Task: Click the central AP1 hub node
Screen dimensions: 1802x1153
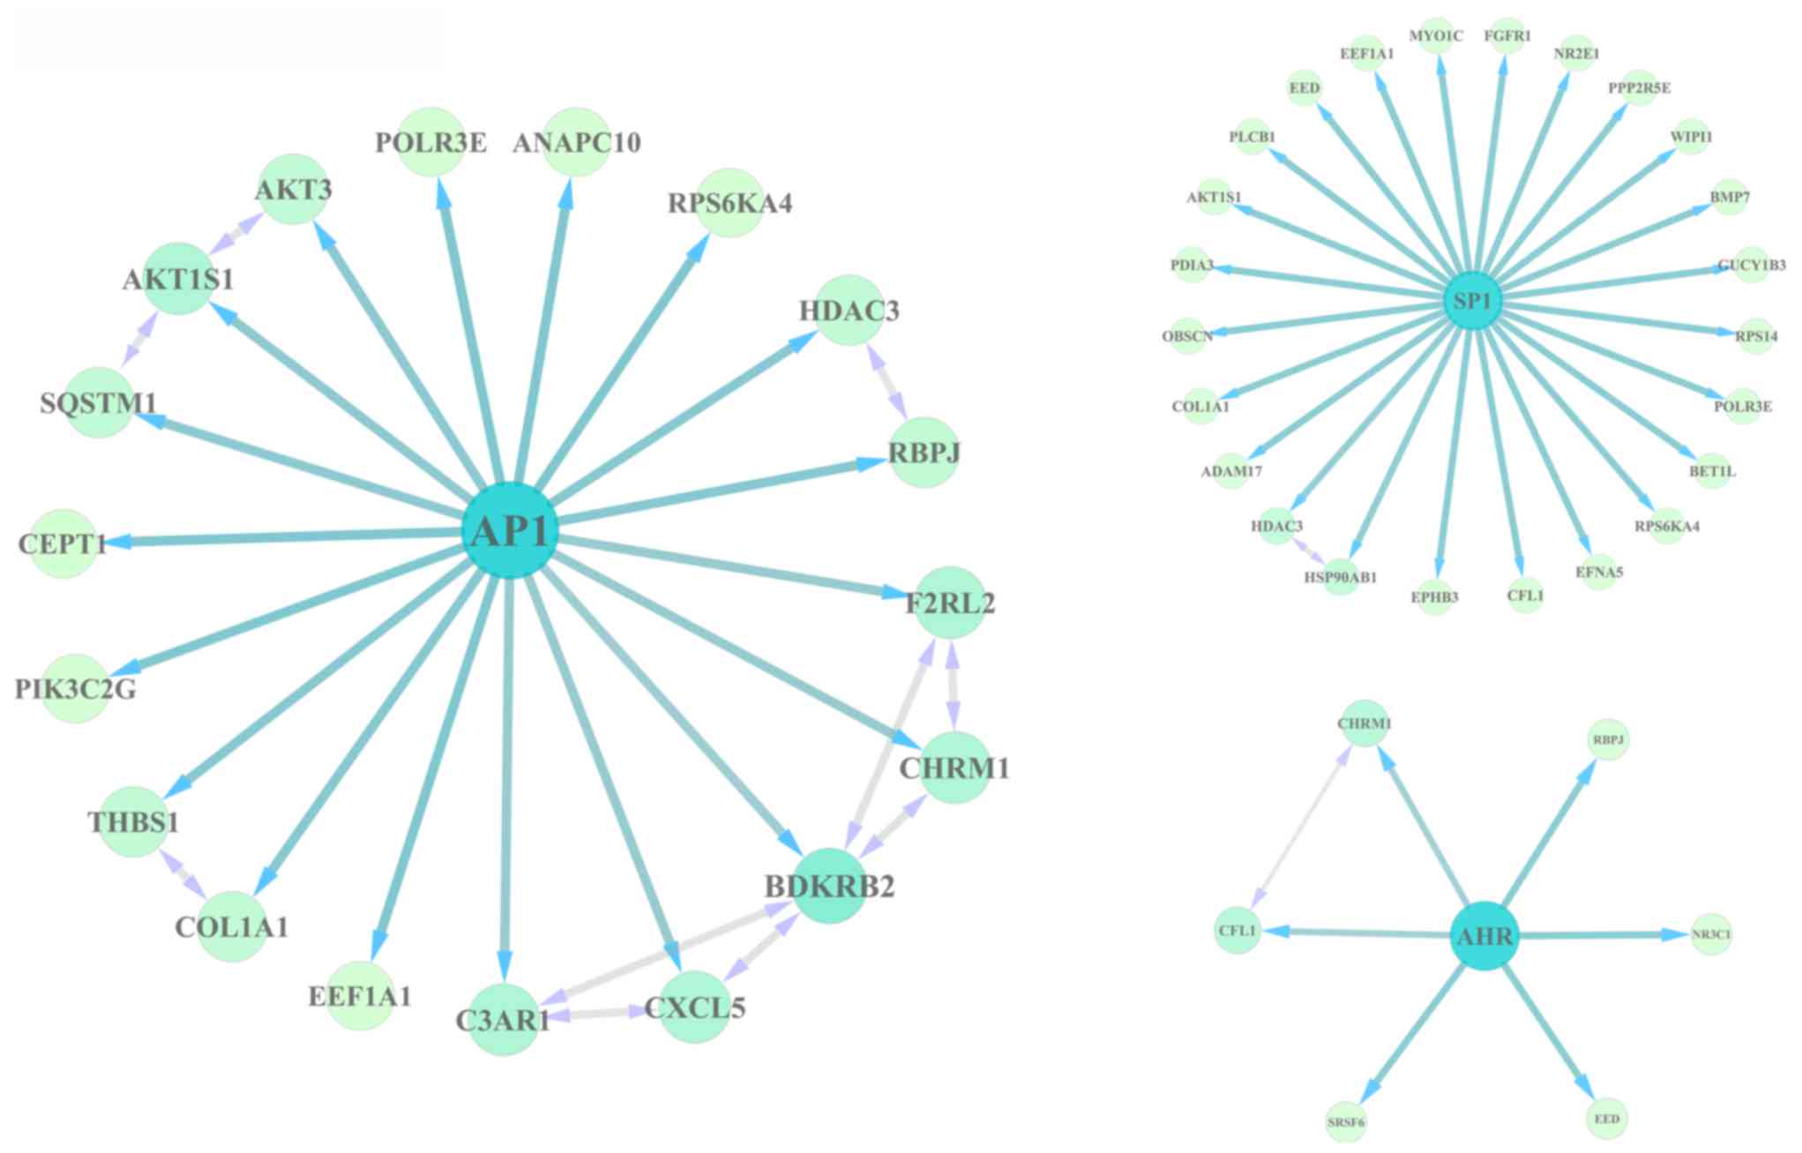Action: click(x=510, y=531)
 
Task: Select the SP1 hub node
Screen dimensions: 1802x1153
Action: click(x=1472, y=302)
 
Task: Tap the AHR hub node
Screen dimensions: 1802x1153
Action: click(x=1485, y=936)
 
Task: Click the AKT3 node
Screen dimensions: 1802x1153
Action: click(x=294, y=189)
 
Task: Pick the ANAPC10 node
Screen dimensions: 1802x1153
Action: click(x=576, y=142)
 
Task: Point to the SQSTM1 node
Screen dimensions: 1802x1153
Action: click(x=99, y=403)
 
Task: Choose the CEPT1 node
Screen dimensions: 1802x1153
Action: click(x=63, y=543)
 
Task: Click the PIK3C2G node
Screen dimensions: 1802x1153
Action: click(x=75, y=688)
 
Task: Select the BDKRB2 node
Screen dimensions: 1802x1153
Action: click(x=830, y=885)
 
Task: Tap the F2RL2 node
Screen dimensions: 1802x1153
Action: click(x=950, y=603)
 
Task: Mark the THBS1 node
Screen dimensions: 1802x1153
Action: click(x=133, y=822)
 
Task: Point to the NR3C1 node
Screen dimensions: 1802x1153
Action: click(x=1711, y=934)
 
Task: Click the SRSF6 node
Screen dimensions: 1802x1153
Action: click(x=1346, y=1122)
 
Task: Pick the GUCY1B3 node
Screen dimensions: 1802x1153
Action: click(x=1752, y=265)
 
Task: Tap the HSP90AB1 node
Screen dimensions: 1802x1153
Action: click(x=1341, y=577)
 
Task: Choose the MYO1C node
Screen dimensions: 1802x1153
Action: click(x=1436, y=36)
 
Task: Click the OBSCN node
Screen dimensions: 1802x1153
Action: click(x=1187, y=336)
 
